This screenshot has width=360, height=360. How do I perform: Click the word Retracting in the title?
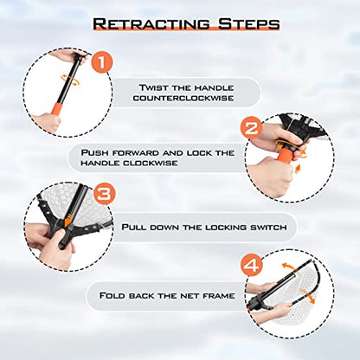(x=151, y=23)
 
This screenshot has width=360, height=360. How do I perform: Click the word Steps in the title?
(x=249, y=23)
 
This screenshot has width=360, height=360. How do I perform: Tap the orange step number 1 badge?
(x=102, y=62)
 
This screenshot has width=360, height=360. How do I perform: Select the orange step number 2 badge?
(x=251, y=127)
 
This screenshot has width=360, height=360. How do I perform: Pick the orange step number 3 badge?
(x=104, y=194)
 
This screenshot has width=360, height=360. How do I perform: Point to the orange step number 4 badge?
(x=252, y=266)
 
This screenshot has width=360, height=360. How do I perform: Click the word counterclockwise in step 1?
(x=183, y=98)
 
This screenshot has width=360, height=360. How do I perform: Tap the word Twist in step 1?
(x=153, y=87)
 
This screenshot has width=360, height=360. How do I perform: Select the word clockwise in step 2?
(x=151, y=163)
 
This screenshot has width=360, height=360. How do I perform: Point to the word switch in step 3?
(x=268, y=228)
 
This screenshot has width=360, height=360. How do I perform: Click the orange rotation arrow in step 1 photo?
(x=71, y=79)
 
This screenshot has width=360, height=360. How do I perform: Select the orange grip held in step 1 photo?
(x=56, y=110)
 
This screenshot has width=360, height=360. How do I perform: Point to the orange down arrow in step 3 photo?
(x=67, y=220)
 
